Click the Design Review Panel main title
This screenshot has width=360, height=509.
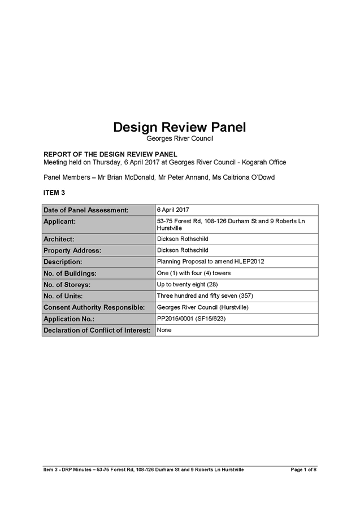pyautogui.click(x=180, y=127)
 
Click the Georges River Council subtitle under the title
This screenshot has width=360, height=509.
pyautogui.click(x=180, y=138)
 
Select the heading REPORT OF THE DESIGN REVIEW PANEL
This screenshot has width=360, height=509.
pyautogui.click(x=110, y=154)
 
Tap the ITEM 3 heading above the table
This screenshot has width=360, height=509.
pyautogui.click(x=54, y=193)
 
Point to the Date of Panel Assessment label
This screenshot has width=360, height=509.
pyautogui.click(x=86, y=210)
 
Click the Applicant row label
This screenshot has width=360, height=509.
pyautogui.click(x=59, y=222)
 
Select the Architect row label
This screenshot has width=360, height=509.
pyautogui.click(x=59, y=240)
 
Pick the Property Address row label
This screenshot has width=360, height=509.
pyautogui.click(x=72, y=251)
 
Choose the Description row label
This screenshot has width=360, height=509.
pyautogui.click(x=63, y=262)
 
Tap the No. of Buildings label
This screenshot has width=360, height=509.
pyautogui.click(x=70, y=273)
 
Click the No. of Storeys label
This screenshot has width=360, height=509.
pyautogui.click(x=67, y=285)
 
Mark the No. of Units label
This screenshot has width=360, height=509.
pyautogui.click(x=63, y=296)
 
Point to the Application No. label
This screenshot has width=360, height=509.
pyautogui.click(x=69, y=319)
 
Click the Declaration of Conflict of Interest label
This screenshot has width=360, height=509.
pyautogui.click(x=97, y=330)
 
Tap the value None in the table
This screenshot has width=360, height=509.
pyautogui.click(x=164, y=329)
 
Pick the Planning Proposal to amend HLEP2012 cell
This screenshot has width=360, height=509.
pyautogui.click(x=211, y=262)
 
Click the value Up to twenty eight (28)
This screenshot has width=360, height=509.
pyautogui.click(x=187, y=284)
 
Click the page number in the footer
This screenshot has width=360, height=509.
pyautogui.click(x=303, y=469)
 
